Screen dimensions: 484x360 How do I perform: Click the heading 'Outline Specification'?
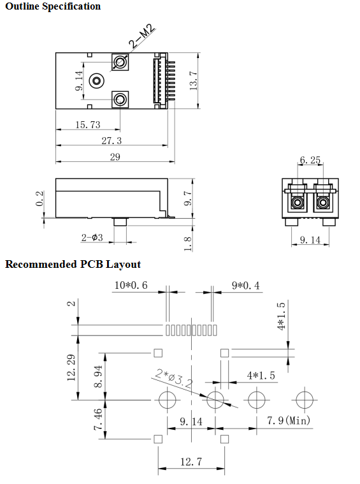click(53, 6)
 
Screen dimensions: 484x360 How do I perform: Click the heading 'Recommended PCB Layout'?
click(73, 264)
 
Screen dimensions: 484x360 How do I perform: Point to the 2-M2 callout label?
click(143, 36)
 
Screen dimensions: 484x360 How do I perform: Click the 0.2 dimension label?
click(40, 198)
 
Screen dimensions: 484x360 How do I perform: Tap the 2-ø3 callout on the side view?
click(92, 238)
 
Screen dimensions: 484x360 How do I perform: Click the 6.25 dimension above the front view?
click(310, 161)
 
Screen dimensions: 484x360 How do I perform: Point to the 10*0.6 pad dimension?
click(131, 286)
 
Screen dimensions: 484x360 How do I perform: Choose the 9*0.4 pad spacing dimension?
click(246, 286)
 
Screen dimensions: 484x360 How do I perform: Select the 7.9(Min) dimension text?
click(288, 421)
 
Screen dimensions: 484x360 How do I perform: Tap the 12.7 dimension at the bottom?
click(191, 462)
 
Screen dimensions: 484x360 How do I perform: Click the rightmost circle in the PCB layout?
click(303, 400)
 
